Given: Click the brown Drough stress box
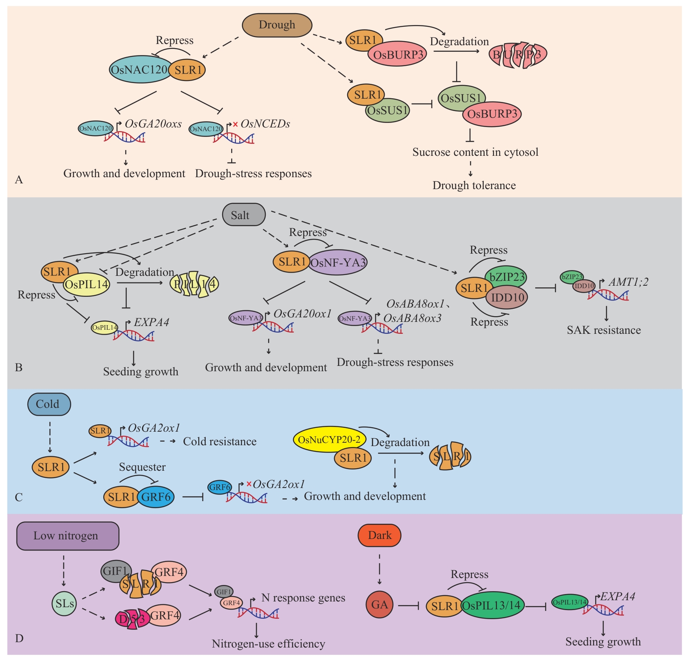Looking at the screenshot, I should click(x=276, y=25).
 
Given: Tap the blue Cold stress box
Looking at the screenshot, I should click(x=49, y=404).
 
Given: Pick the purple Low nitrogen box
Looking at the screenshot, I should click(x=67, y=536).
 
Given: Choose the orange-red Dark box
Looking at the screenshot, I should click(x=379, y=535).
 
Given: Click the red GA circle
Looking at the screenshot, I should click(x=379, y=604).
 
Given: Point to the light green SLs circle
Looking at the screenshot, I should click(x=64, y=604).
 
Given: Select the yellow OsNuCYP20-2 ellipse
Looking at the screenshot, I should click(x=329, y=439).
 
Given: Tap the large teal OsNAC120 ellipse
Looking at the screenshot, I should click(x=139, y=69).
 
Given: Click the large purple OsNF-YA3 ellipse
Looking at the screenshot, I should click(x=338, y=262).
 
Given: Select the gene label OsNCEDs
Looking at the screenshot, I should click(x=265, y=124).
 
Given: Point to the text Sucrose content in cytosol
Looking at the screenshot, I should click(x=475, y=152).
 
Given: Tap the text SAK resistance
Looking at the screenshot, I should click(x=603, y=330).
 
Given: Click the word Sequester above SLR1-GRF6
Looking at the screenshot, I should click(x=142, y=467).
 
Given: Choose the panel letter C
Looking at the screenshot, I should click(x=19, y=497).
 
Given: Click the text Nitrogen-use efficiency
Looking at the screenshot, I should click(x=268, y=644).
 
